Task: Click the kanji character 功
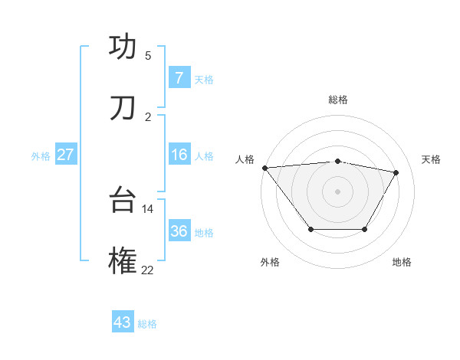click(123, 47)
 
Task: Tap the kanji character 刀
click(123, 109)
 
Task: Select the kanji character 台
click(123, 201)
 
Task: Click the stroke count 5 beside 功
click(148, 55)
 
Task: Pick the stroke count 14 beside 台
click(148, 208)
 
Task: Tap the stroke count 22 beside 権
click(148, 270)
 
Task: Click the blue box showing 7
click(179, 78)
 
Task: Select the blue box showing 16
click(179, 155)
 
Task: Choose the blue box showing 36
click(179, 231)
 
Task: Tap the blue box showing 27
click(65, 155)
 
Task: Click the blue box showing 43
click(123, 322)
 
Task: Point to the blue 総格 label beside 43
click(147, 324)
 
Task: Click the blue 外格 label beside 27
click(41, 156)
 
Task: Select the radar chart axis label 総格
click(338, 100)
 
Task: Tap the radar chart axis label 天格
click(432, 159)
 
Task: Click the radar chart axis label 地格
click(402, 262)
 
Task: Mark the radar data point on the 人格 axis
click(264, 168)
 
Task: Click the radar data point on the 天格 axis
click(396, 172)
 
